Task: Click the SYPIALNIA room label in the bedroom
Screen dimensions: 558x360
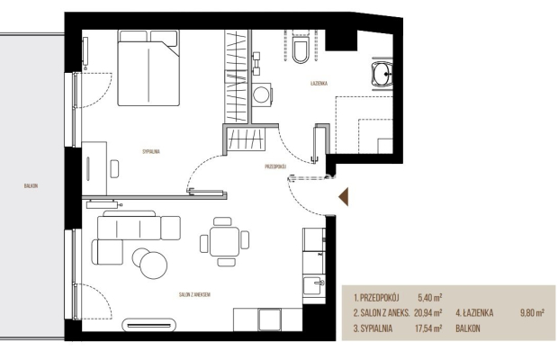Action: [x=151, y=151]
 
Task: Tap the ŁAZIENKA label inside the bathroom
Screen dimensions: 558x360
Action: [x=319, y=84]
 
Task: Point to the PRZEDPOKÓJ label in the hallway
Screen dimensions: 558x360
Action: [x=275, y=166]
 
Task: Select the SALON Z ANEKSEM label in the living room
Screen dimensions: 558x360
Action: [x=194, y=294]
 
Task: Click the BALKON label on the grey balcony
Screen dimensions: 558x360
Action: [x=31, y=185]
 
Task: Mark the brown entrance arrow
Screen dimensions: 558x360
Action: [x=344, y=197]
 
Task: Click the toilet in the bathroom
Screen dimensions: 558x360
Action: [x=301, y=49]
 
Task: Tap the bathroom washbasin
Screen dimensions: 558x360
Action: [x=382, y=74]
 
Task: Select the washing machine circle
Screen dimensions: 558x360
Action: [x=261, y=94]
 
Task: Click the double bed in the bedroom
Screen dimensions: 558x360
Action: [x=148, y=67]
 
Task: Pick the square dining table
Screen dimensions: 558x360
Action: [x=225, y=241]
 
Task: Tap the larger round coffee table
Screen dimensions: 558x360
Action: [x=153, y=265]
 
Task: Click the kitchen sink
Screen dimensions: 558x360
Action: [x=314, y=286]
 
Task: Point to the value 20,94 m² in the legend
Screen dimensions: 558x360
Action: [x=428, y=313]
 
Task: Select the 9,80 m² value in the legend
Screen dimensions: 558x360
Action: [x=532, y=313]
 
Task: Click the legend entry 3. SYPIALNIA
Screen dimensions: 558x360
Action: [x=373, y=328]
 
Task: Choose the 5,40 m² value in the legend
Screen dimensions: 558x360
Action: [x=430, y=297]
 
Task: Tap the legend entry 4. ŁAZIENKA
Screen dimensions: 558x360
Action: [x=474, y=313]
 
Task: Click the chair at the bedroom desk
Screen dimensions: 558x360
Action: [x=114, y=169]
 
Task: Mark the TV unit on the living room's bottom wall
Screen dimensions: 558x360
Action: [x=148, y=325]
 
